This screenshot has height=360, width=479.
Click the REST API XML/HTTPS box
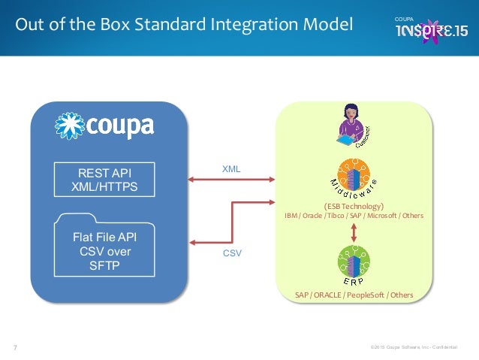pyautogui.click(x=108, y=179)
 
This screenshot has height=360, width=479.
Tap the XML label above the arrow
pyautogui.click(x=231, y=170)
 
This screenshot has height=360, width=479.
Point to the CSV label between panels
pyautogui.click(x=232, y=255)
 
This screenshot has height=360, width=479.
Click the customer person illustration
pyautogui.click(x=350, y=125)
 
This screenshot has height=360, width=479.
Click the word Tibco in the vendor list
pyautogui.click(x=345, y=216)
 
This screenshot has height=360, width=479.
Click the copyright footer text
pyautogui.click(x=419, y=347)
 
